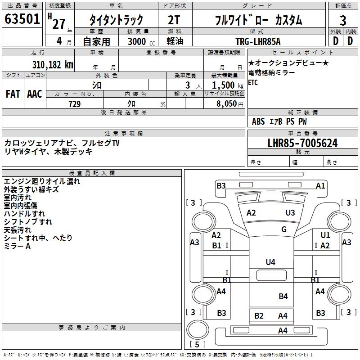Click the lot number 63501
coord(22,19)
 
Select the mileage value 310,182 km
coord(53,65)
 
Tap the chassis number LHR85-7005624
coord(302,143)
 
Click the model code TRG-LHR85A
coord(258,41)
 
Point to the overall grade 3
coord(343,21)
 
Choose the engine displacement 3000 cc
coord(141,41)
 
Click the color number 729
coord(75,104)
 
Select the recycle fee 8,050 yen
coord(230,104)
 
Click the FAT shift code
coord(13,94)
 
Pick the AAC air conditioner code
coord(35,94)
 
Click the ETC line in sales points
coord(253,82)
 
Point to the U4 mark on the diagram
coord(270,262)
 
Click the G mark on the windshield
coord(284,229)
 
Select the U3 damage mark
coord(290,213)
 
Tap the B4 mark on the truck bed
coord(283,297)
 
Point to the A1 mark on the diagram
coord(320,186)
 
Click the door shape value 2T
coord(174,20)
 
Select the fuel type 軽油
coord(175,41)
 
